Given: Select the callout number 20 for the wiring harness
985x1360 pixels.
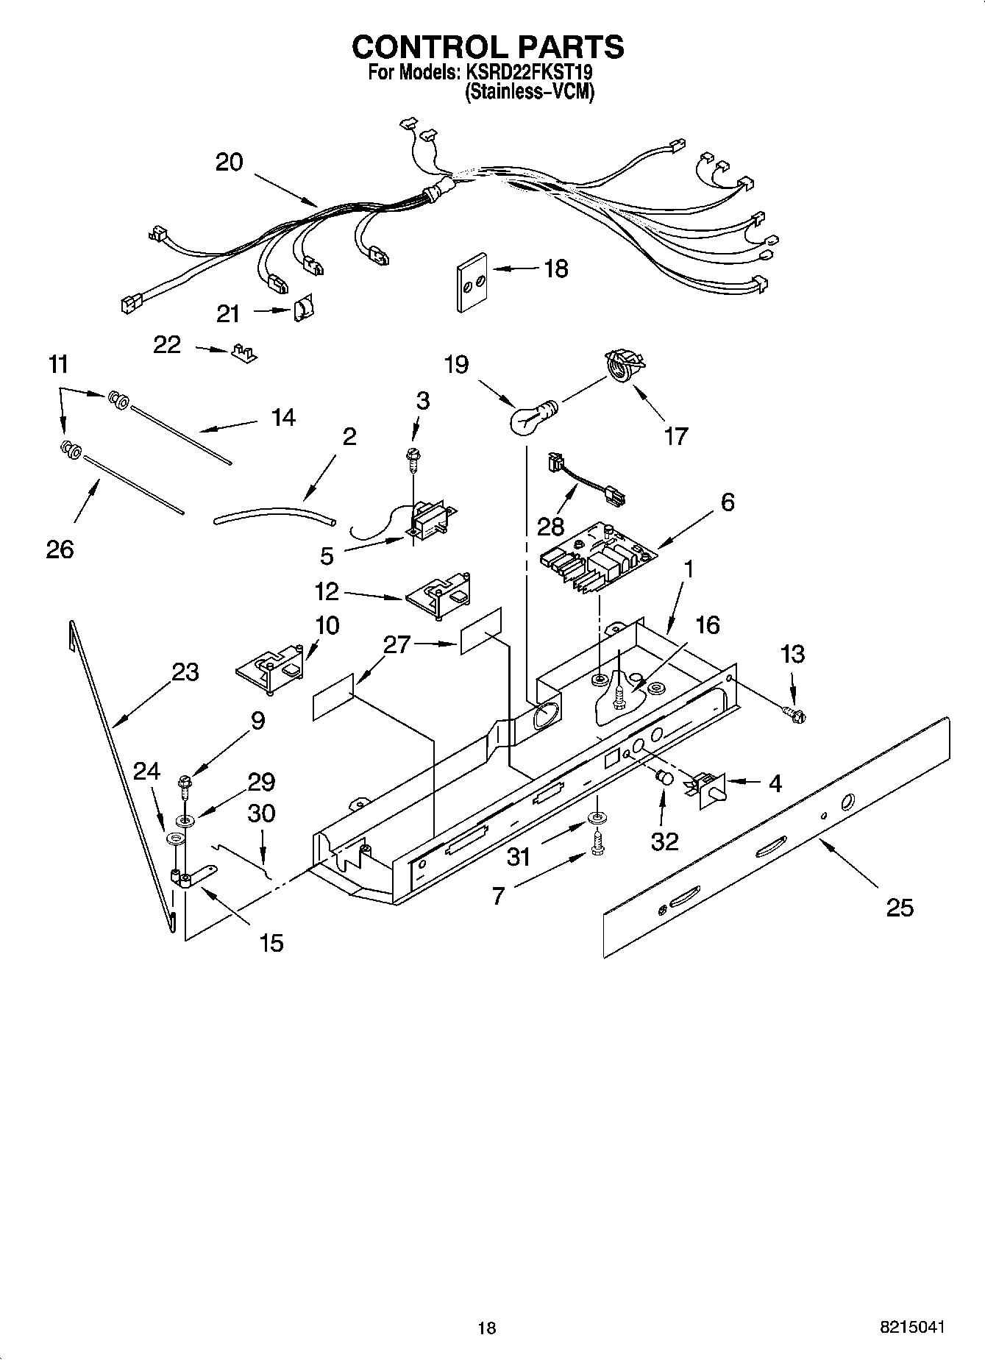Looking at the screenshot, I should point(229,162).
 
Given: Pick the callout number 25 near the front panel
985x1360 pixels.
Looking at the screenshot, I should point(899,908).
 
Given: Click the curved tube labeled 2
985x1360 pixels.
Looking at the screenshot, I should point(274,513).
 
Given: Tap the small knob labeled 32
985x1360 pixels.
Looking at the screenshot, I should point(664,777).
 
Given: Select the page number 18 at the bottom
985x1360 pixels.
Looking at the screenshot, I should point(486,1327).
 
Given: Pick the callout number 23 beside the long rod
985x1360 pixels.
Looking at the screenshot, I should point(185,672).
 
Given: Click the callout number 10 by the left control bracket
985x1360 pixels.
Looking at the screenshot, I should point(327,626).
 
